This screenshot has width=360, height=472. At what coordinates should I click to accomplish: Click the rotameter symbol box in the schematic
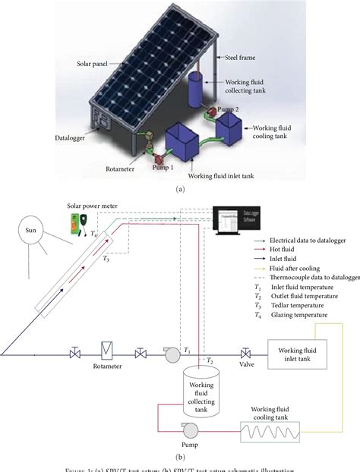106,352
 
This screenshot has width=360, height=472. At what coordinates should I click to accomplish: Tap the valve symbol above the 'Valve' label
246,353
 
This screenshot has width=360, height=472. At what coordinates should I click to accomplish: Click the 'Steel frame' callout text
237,57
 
